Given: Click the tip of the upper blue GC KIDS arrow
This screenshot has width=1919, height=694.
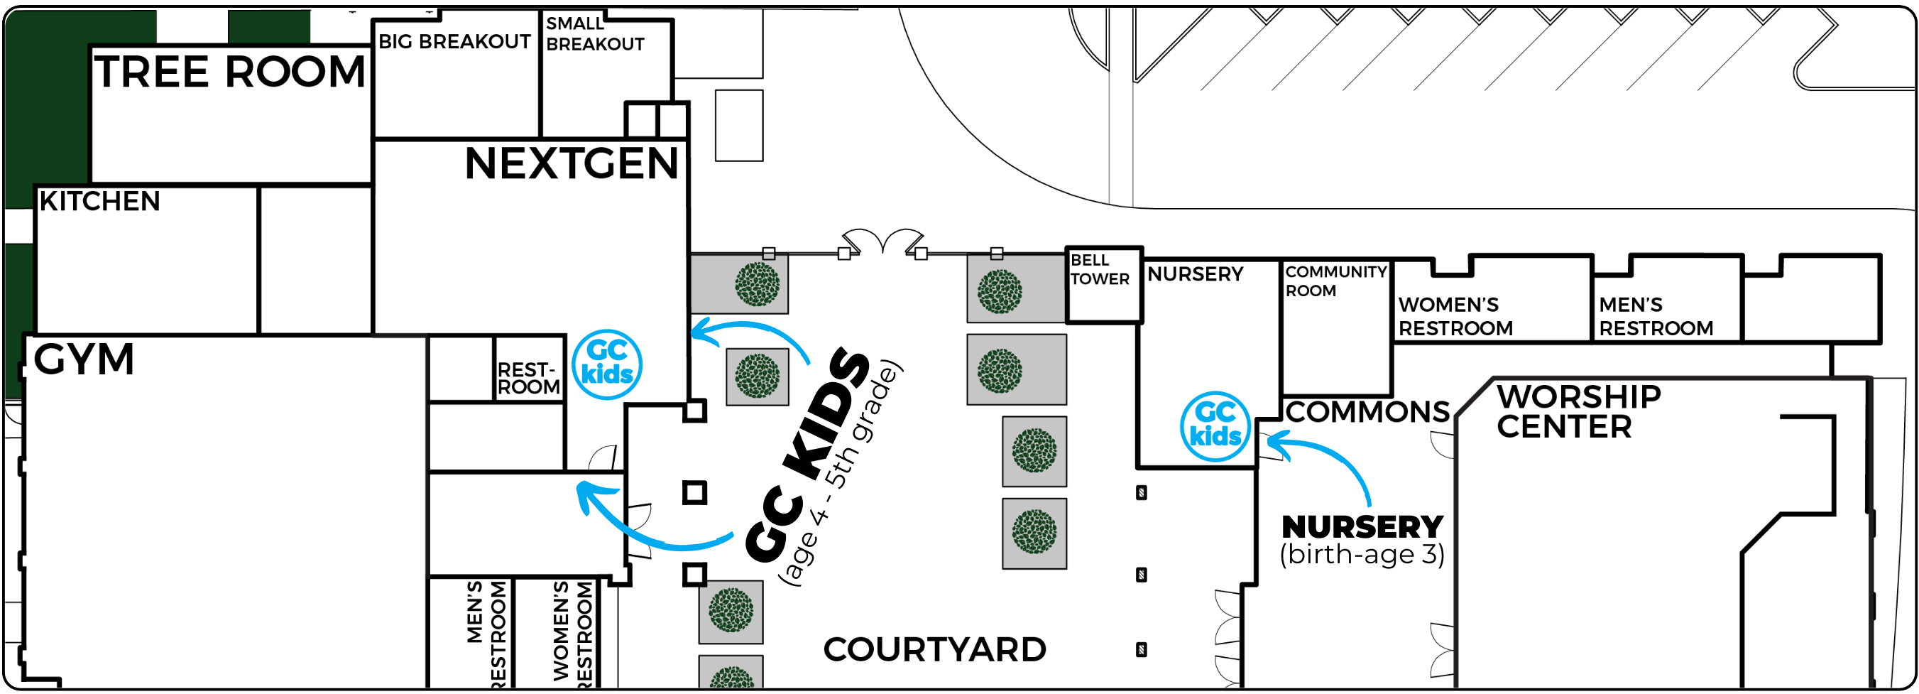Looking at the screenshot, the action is pyautogui.click(x=692, y=332).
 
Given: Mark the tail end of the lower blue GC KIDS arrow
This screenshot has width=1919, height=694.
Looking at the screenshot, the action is pyautogui.click(x=732, y=534).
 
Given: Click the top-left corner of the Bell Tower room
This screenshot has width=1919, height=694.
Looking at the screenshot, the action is pyautogui.click(x=1067, y=248).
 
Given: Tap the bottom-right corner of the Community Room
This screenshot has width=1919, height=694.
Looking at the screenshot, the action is pyautogui.click(x=1391, y=395).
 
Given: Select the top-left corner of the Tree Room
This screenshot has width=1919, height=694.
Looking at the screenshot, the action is pyautogui.click(x=91, y=46).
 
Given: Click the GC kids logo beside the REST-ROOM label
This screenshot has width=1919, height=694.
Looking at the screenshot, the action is pyautogui.click(x=606, y=364).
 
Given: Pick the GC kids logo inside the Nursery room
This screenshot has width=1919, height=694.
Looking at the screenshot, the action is pyautogui.click(x=1215, y=425).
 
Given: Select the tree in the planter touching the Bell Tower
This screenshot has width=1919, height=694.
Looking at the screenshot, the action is pyautogui.click(x=999, y=291).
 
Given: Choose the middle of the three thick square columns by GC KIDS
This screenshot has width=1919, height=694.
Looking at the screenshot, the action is pyautogui.click(x=694, y=492).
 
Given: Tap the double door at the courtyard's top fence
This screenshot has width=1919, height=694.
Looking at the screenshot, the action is pyautogui.click(x=882, y=241).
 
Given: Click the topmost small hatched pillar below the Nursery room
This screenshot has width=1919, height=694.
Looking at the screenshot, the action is pyautogui.click(x=1140, y=493).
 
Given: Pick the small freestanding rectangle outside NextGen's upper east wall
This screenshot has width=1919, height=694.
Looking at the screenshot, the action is pyautogui.click(x=738, y=125).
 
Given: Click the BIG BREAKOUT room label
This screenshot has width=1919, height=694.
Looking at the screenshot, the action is pyautogui.click(x=454, y=42).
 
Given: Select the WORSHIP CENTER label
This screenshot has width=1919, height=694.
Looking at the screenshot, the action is pyautogui.click(x=1578, y=411).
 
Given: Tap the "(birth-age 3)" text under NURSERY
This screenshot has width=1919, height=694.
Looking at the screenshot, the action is pyautogui.click(x=1362, y=555).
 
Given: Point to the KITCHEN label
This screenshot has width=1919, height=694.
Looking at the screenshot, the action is pyautogui.click(x=99, y=201).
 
